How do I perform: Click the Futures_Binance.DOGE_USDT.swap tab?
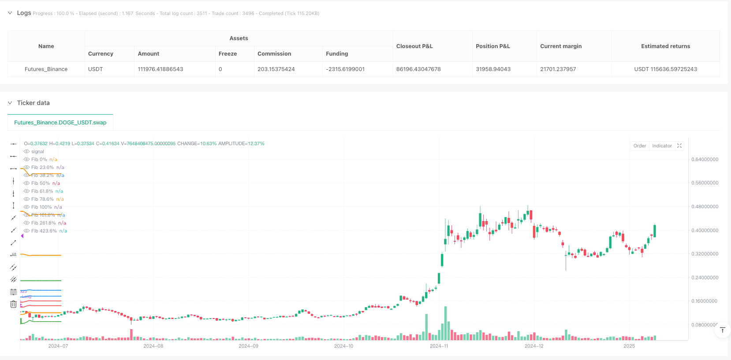tap(60, 123)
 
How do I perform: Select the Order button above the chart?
tap(639, 146)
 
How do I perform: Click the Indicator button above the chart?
tap(662, 146)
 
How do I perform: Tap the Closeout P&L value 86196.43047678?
tap(418, 69)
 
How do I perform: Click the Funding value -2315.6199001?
tap(345, 69)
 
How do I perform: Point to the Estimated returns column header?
tap(665, 46)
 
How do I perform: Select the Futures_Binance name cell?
tap(46, 69)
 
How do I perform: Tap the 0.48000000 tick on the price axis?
tap(705, 206)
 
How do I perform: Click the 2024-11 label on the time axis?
tap(439, 346)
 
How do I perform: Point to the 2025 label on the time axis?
tap(629, 346)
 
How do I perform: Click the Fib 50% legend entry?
tap(41, 183)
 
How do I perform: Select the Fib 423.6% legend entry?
tap(44, 231)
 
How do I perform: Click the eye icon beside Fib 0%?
tap(27, 159)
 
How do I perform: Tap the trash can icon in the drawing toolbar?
tap(14, 304)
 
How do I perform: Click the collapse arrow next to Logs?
tap(10, 13)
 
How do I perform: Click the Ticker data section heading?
tap(33, 103)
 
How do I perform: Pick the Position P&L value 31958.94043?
tap(493, 69)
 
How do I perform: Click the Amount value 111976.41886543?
tap(160, 69)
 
